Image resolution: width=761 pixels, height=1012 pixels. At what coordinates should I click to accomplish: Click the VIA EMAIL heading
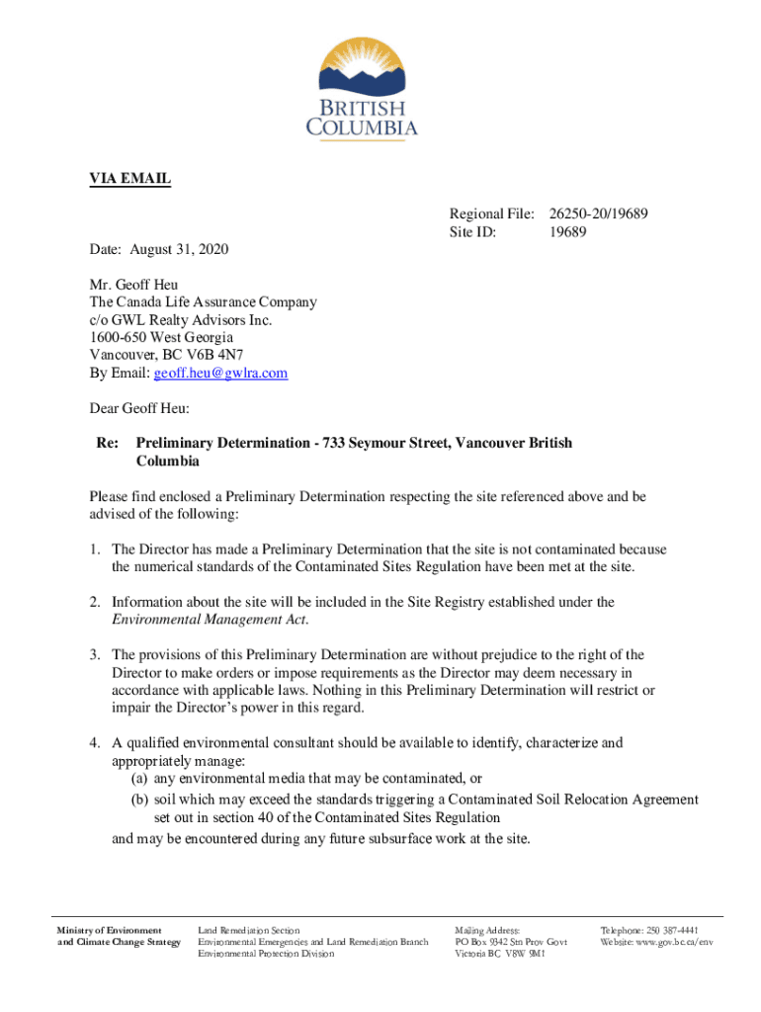click(130, 179)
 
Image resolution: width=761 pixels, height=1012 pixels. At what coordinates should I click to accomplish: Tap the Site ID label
click(472, 232)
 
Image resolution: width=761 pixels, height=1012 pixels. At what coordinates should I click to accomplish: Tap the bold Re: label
click(107, 445)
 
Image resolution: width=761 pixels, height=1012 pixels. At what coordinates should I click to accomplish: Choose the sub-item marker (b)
click(140, 800)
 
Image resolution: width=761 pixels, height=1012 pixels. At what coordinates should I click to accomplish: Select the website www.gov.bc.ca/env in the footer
click(672, 942)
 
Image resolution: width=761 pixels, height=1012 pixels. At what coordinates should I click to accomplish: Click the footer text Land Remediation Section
click(249, 931)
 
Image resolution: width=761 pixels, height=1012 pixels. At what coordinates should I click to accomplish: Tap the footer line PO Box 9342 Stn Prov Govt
click(510, 942)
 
